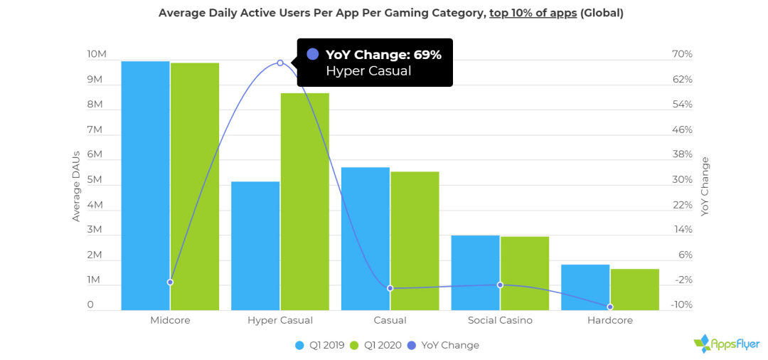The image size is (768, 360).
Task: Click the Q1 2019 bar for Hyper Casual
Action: click(255, 245)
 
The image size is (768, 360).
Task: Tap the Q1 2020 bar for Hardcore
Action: click(635, 289)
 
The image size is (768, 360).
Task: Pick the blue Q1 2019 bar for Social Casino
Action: click(475, 272)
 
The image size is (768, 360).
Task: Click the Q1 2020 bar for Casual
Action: click(415, 240)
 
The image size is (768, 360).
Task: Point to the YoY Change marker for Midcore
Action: click(170, 282)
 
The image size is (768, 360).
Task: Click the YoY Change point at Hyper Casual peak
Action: click(280, 63)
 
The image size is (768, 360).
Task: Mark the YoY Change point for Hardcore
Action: click(610, 307)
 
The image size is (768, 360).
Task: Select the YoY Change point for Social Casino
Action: click(500, 285)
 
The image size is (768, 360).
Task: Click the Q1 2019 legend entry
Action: click(320, 345)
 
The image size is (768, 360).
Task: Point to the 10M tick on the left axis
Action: click(97, 55)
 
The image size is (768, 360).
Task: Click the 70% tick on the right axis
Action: click(682, 55)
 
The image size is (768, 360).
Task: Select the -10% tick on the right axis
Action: click(682, 305)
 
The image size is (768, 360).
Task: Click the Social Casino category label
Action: click(500, 320)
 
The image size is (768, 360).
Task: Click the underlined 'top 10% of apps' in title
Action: click(533, 13)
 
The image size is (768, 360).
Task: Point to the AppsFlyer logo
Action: click(726, 344)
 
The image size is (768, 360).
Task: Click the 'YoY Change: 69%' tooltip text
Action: click(383, 54)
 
